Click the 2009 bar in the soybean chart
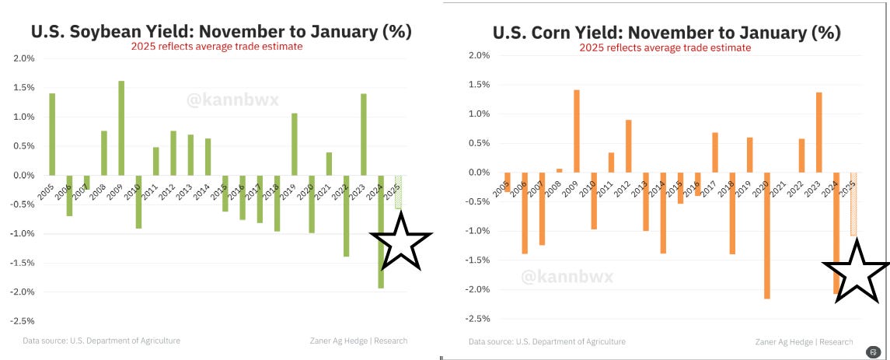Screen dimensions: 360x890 [121, 128]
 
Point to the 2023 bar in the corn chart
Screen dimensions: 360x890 [818, 132]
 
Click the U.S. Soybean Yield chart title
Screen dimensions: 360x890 [221, 33]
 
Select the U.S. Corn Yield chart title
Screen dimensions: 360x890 [666, 33]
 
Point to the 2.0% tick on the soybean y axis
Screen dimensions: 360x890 [24, 58]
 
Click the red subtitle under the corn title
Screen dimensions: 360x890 [665, 47]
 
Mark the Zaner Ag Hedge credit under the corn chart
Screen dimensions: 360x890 [803, 341]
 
